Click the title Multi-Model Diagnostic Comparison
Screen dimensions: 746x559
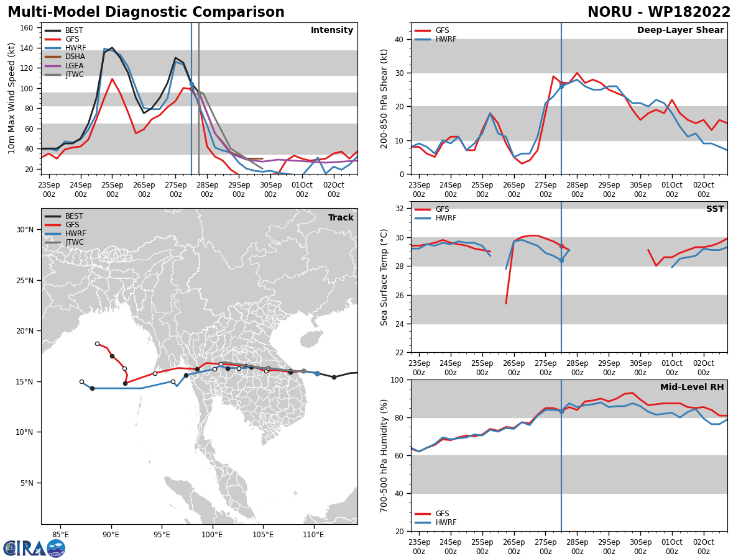146,12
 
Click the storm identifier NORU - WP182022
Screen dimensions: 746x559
659,12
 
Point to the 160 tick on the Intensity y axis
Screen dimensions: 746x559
26,28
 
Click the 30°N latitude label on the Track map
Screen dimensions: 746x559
24,230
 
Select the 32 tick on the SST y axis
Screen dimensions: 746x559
399,209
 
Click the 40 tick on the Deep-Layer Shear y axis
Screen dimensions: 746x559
399,40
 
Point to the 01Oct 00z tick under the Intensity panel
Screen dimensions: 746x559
302,189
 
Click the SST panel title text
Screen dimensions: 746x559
715,209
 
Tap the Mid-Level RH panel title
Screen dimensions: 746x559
692,387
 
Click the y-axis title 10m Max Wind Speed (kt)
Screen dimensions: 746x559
11,98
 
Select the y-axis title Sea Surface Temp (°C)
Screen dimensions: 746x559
384,278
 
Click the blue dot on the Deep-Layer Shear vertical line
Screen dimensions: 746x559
561,86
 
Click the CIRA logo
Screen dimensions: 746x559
34,548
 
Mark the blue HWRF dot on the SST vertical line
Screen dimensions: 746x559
561,260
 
